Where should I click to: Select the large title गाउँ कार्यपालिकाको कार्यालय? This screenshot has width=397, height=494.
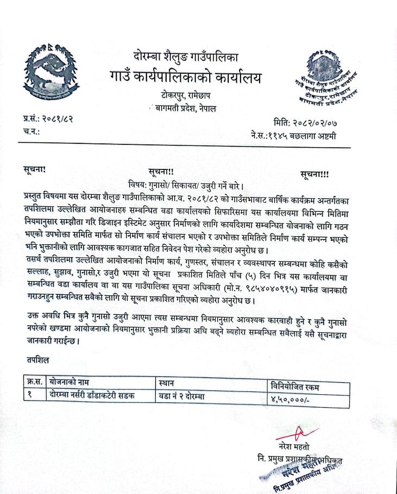point(185,77)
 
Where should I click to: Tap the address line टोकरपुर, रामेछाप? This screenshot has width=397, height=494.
point(185,97)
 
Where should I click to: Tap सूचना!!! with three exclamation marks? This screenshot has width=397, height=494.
point(319,174)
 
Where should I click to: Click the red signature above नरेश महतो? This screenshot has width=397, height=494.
point(298,433)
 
